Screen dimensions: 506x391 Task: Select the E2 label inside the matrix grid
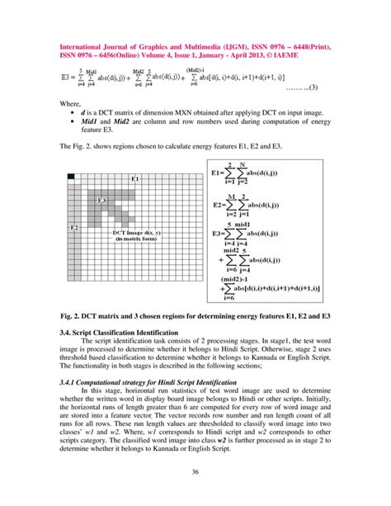coord(73,226)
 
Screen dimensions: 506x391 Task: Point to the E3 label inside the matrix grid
coord(101,201)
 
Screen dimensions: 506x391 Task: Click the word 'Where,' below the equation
coord(72,104)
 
